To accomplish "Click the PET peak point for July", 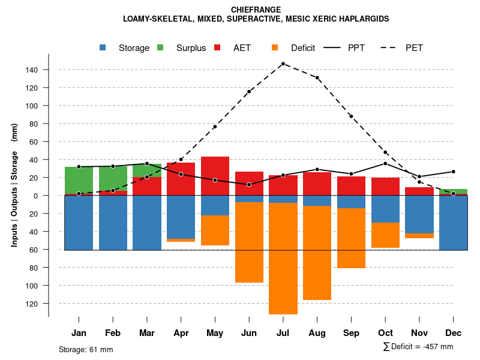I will click(x=283, y=64).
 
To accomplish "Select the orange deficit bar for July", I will click(x=283, y=258).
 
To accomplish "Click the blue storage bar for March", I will click(x=146, y=223).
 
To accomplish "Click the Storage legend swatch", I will click(x=104, y=47).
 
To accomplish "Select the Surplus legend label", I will click(x=191, y=48).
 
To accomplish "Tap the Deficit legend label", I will click(x=303, y=48).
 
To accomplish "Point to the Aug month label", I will click(x=317, y=333).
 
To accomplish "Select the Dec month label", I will click(x=454, y=333).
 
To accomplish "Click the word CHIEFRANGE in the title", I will click(x=256, y=10).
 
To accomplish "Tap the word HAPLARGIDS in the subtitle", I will click(x=362, y=19).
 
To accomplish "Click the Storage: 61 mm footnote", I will click(x=86, y=349).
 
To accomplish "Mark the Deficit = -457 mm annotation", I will click(x=418, y=347).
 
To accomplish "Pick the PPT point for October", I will click(x=385, y=163).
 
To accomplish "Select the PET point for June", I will click(x=249, y=92).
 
